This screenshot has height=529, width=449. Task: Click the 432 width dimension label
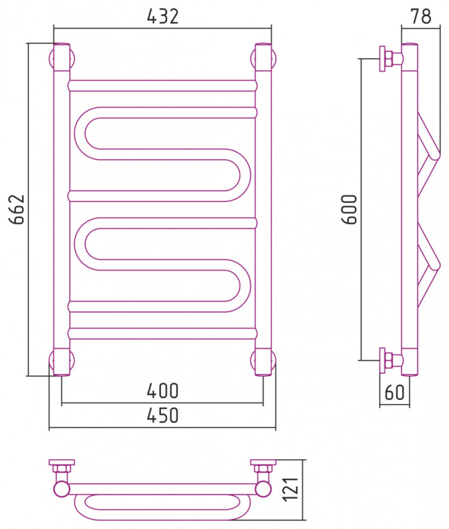point(162,16)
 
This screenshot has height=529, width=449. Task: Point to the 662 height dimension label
point(17,209)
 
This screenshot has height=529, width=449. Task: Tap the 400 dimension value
point(162,391)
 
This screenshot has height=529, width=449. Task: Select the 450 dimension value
point(162,415)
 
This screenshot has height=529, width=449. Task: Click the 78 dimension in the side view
point(421,16)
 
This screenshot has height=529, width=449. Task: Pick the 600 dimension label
point(350,209)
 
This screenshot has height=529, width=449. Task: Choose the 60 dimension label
point(395,392)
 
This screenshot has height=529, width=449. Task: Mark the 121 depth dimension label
point(291,490)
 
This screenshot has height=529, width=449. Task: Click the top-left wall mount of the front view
point(62,58)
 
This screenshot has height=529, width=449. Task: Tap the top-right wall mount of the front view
point(263,58)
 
